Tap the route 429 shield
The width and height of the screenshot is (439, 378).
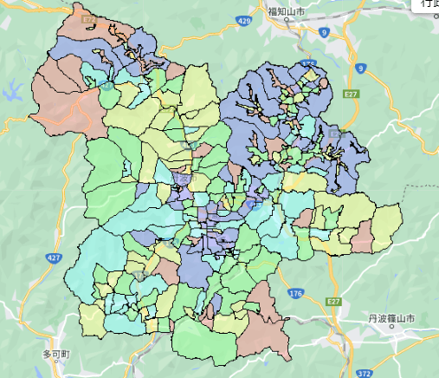[x=244, y=20]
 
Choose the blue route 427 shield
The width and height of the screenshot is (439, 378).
[x=54, y=257]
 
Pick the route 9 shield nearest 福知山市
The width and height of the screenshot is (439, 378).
[x=323, y=31]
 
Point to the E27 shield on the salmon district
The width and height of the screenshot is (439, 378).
[x=89, y=18]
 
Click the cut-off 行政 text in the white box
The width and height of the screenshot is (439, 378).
[x=429, y=4]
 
